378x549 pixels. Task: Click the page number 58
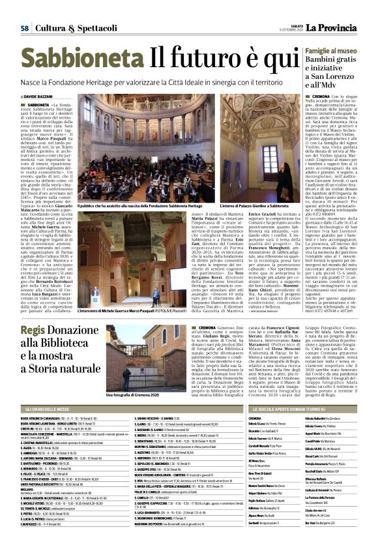24,28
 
